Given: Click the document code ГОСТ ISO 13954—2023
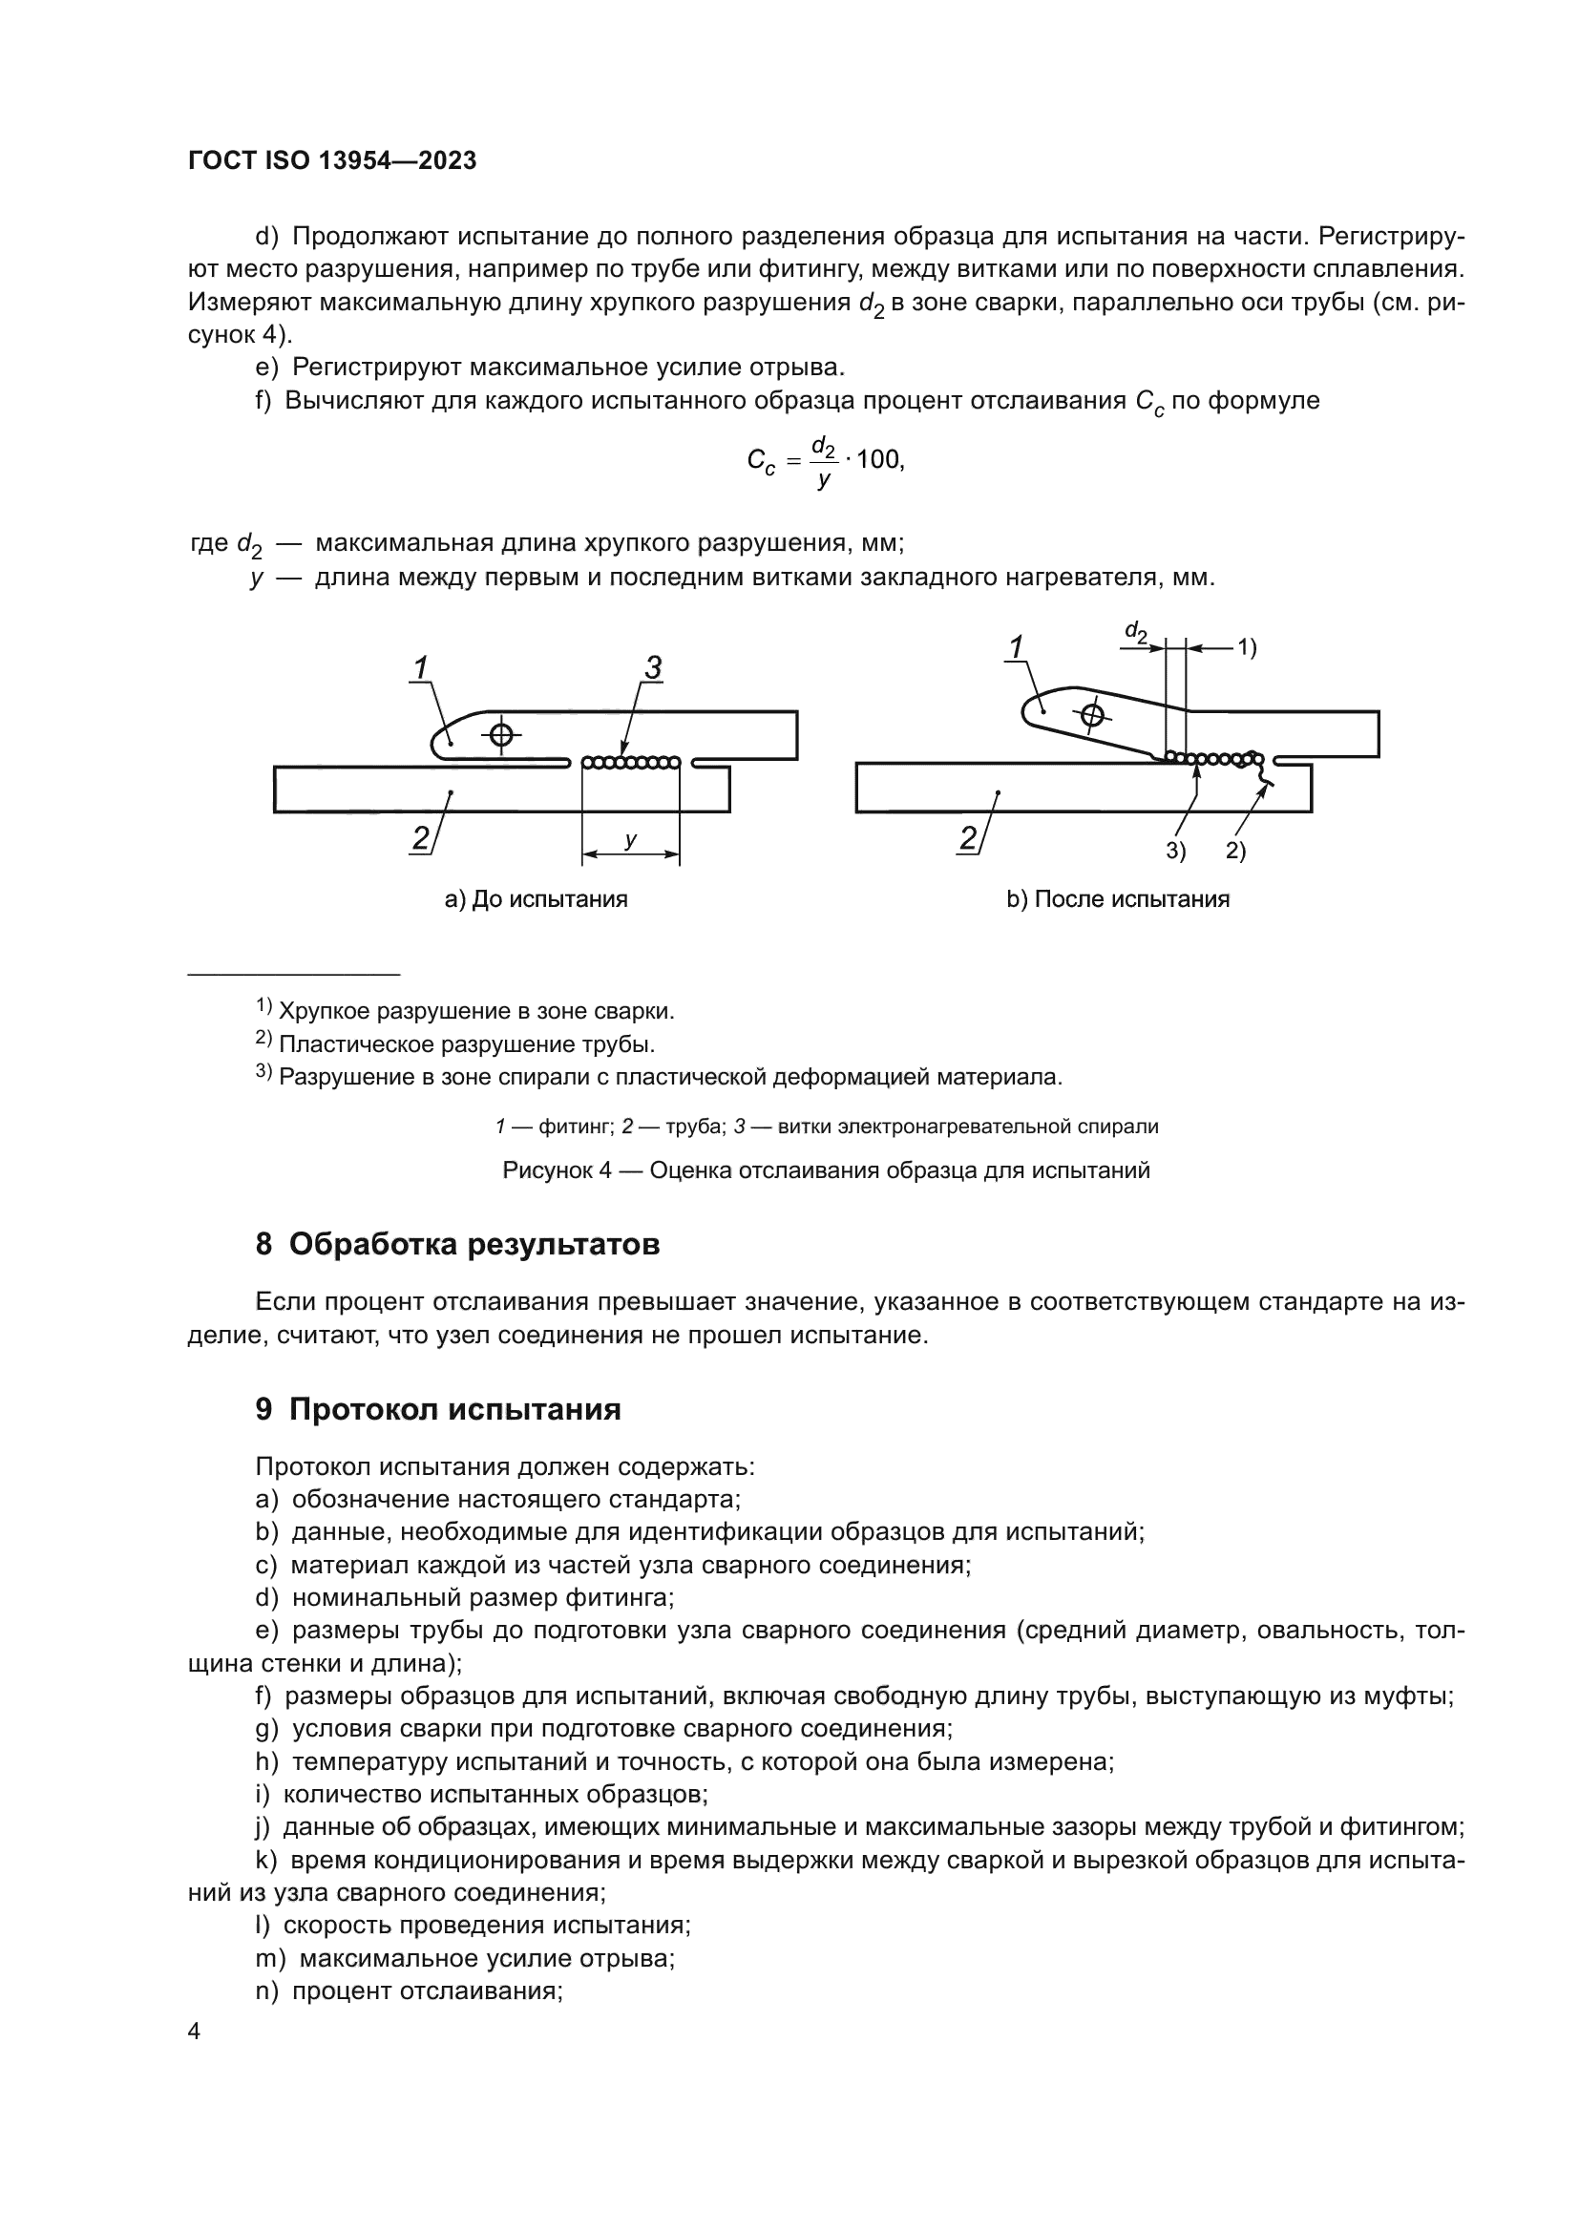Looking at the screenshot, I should pyautogui.click(x=331, y=160).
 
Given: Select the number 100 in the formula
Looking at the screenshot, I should pyautogui.click(x=880, y=460).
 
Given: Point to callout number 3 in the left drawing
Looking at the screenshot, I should pyautogui.click(x=652, y=667).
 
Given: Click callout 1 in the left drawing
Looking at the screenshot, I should pyautogui.click(x=420, y=668).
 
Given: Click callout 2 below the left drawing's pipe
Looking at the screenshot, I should pyautogui.click(x=420, y=838).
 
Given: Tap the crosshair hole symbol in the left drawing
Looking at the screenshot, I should pyautogui.click(x=501, y=734).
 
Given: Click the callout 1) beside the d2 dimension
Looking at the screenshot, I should pyautogui.click(x=1247, y=647).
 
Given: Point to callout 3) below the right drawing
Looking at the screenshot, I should pyautogui.click(x=1176, y=851).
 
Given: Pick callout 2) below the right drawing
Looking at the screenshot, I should pyautogui.click(x=1234, y=851).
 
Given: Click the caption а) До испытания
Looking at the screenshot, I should pyautogui.click(x=536, y=899).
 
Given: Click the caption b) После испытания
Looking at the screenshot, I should pyautogui.click(x=1118, y=899).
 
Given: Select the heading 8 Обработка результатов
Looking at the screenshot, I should pyautogui.click(x=457, y=1245).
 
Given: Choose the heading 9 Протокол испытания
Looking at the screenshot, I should pyautogui.click(x=437, y=1409).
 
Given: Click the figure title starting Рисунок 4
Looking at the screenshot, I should pyautogui.click(x=826, y=1170).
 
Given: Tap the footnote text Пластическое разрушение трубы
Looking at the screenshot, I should pyautogui.click(x=467, y=1044).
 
